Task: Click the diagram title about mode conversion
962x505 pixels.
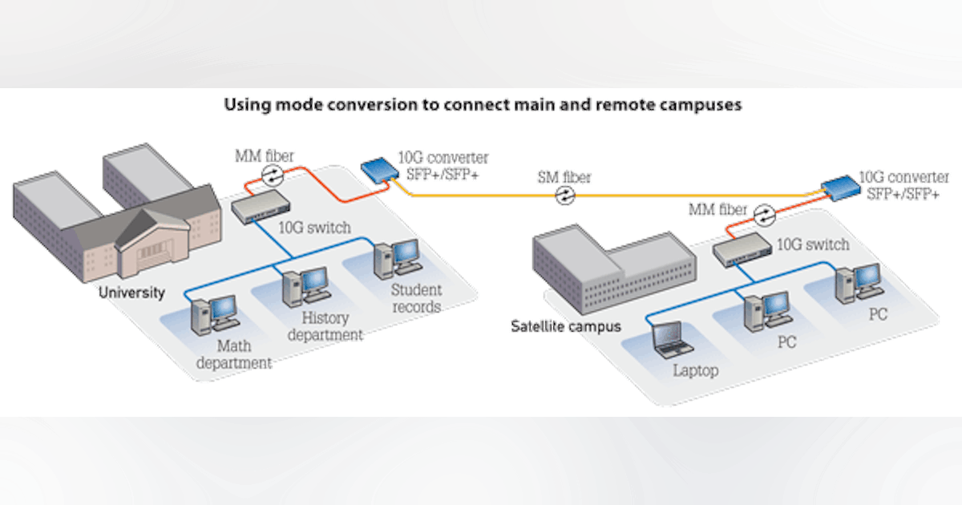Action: coord(481,105)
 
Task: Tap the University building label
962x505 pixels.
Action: coord(131,293)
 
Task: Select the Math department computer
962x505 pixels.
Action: coord(213,313)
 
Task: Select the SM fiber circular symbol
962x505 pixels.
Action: coord(567,195)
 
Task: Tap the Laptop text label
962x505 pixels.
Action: coord(695,370)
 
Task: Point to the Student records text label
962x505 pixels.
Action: coord(416,297)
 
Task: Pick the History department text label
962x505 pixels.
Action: coord(325,326)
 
